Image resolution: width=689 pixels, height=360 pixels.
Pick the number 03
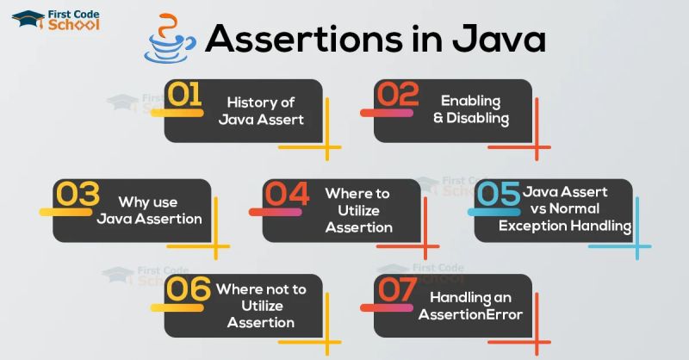pyautogui.click(x=79, y=196)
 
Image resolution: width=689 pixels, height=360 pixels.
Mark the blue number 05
pyautogui.click(x=498, y=196)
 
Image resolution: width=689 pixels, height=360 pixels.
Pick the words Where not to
pyautogui.click(x=257, y=289)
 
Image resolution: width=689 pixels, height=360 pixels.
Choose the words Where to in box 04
pyautogui.click(x=357, y=193)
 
